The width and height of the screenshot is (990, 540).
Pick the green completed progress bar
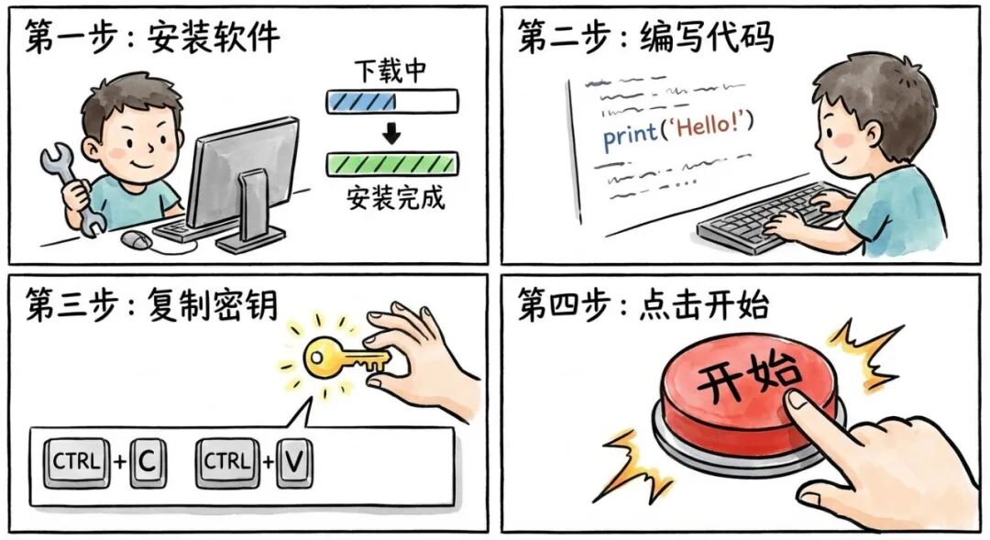[x=391, y=164]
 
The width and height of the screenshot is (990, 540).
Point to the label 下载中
[x=391, y=71]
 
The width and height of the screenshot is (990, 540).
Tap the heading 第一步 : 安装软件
[x=152, y=38]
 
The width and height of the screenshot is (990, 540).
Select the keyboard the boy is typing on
[x=761, y=218]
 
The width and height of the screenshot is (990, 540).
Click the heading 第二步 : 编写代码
[x=645, y=38]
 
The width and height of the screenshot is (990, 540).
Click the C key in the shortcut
[x=147, y=462]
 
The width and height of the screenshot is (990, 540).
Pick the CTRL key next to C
[x=77, y=462]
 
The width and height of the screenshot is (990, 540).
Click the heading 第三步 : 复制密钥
[x=151, y=305]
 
